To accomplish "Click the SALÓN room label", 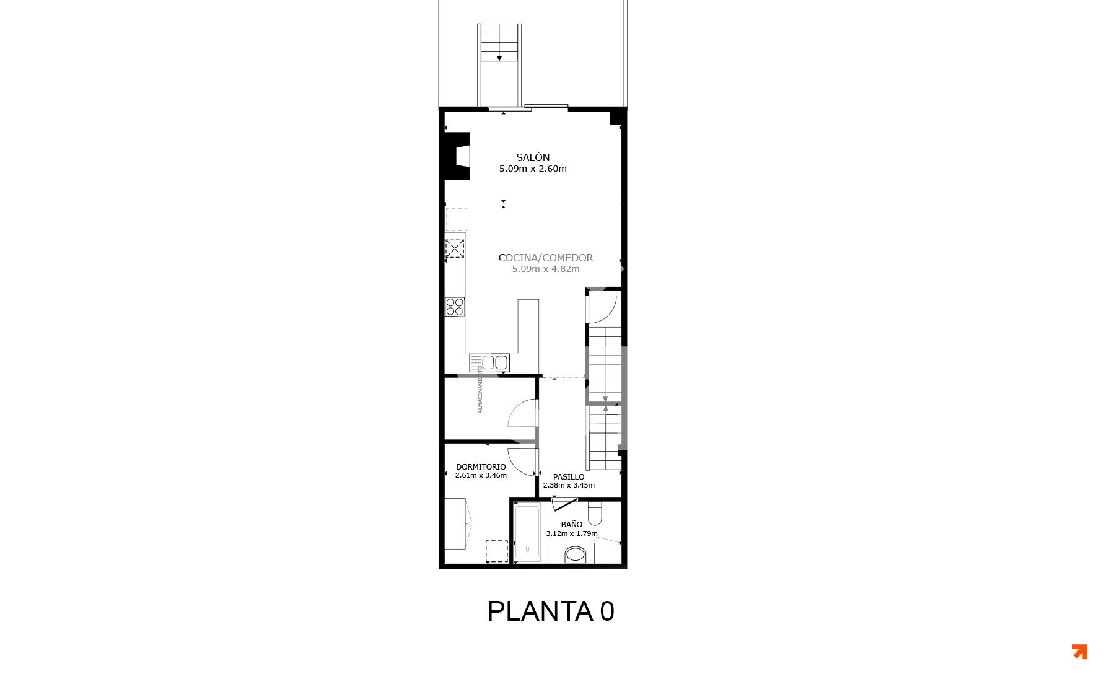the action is pos(533,157).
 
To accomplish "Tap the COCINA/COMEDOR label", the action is pos(546,258).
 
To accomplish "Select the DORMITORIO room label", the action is pos(481,467).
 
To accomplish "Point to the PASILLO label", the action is pos(569,477).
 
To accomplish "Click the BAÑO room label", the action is pos(572,524).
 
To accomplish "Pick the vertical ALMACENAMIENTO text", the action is pos(480,389).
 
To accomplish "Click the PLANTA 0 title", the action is pos(551,611).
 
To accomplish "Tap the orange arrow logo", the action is pos(1080,652).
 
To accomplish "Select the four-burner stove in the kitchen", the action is pos(455,307).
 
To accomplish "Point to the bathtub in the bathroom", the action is pos(527,533).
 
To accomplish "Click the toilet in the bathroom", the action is pos(595,514).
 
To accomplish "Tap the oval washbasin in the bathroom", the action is pos(576,554).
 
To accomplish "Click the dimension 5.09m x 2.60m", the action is pos(533,169).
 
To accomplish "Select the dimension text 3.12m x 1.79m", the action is pos(572,533).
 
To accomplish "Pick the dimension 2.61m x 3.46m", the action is pos(481,476).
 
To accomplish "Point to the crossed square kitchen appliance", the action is pos(455,248).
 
